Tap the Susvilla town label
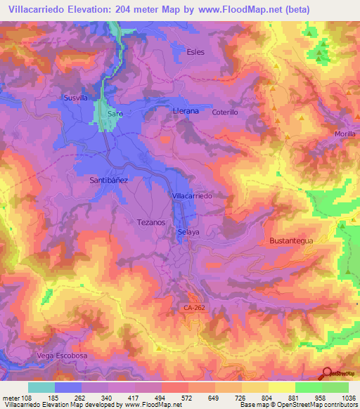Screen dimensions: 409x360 coord(75,98)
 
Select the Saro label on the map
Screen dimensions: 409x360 coord(115,113)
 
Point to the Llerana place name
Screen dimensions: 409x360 coord(186,111)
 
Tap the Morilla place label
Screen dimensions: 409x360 coord(345,134)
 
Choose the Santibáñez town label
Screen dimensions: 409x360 coord(108,180)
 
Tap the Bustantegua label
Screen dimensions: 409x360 coord(290,240)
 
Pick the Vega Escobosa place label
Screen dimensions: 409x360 coord(59,356)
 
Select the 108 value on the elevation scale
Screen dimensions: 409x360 coord(23,397)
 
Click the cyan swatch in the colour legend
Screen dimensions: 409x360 coord(41,387)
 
